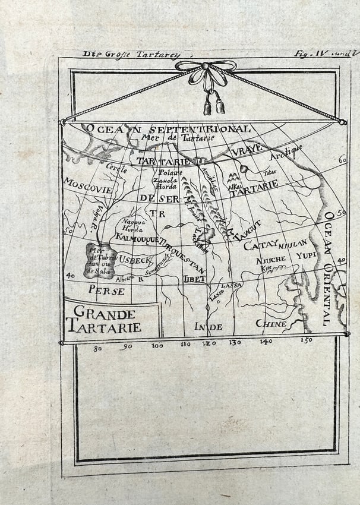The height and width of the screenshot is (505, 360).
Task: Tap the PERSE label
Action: (x=106, y=291)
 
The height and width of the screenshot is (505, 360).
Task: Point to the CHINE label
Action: (x=271, y=324)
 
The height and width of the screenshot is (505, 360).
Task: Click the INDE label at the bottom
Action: (x=208, y=327)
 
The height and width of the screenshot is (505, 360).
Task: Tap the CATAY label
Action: (x=261, y=245)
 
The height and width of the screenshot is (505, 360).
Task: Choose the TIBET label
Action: (x=194, y=279)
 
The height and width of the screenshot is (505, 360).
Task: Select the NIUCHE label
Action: (x=271, y=260)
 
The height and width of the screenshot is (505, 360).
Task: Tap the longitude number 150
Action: (x=306, y=341)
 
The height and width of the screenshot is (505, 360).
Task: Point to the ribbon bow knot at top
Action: (x=206, y=67)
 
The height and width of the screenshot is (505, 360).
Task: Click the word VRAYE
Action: (x=246, y=151)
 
